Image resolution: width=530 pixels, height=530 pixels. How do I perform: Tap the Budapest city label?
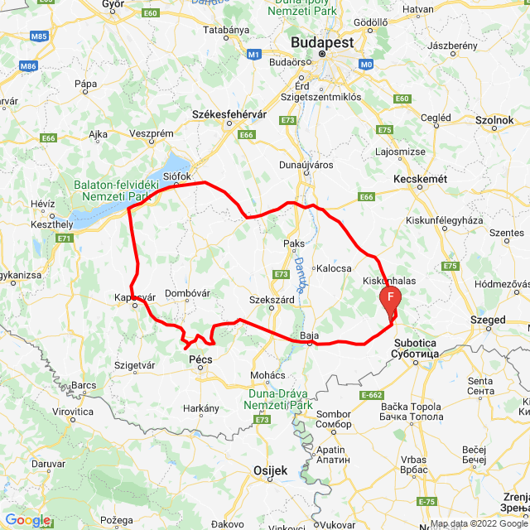(x=321, y=42)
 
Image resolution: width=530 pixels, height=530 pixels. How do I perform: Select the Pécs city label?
(x=200, y=360)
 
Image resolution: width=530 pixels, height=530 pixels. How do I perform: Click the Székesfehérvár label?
(x=226, y=114)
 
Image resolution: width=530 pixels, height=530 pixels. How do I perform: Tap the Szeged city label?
(x=488, y=320)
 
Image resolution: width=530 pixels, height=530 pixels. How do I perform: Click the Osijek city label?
(x=270, y=470)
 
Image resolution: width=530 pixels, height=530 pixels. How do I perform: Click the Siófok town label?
(x=177, y=176)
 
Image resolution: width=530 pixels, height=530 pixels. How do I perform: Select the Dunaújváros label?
(x=306, y=164)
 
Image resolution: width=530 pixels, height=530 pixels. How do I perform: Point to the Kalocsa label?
(x=335, y=268)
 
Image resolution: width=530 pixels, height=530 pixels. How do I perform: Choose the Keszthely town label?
(x=51, y=224)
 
